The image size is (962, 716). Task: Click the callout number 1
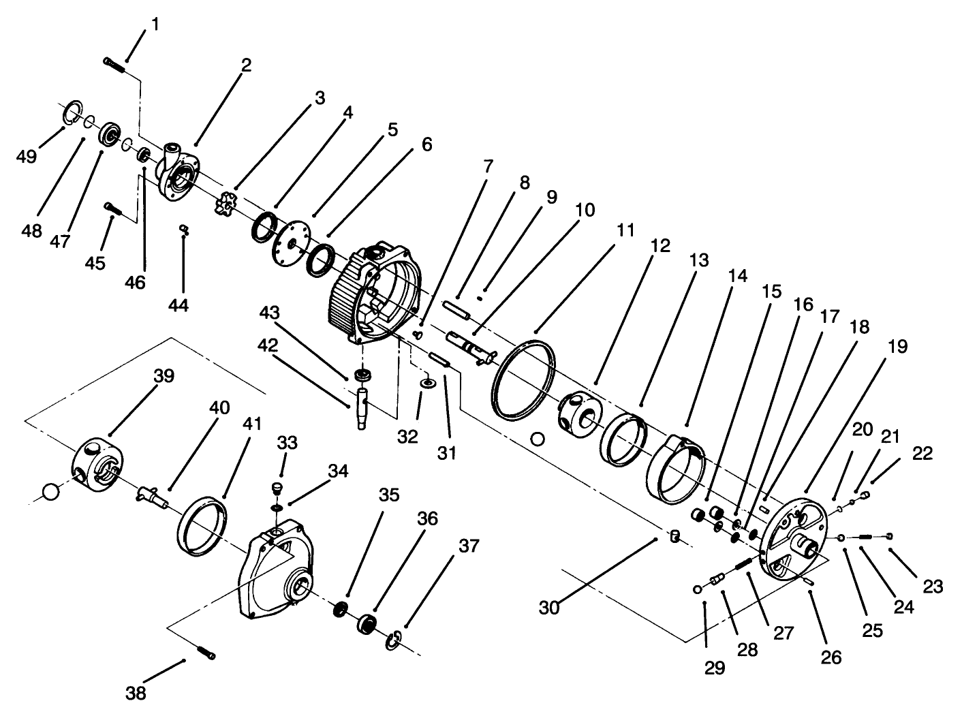click(x=155, y=25)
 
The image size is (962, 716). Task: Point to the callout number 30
click(x=549, y=607)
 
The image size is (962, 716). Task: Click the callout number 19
click(x=897, y=347)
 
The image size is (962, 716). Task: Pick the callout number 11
click(x=625, y=230)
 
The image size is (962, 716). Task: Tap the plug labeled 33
click(x=277, y=488)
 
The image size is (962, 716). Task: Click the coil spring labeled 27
click(x=742, y=564)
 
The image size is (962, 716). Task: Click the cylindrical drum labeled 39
click(x=97, y=463)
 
